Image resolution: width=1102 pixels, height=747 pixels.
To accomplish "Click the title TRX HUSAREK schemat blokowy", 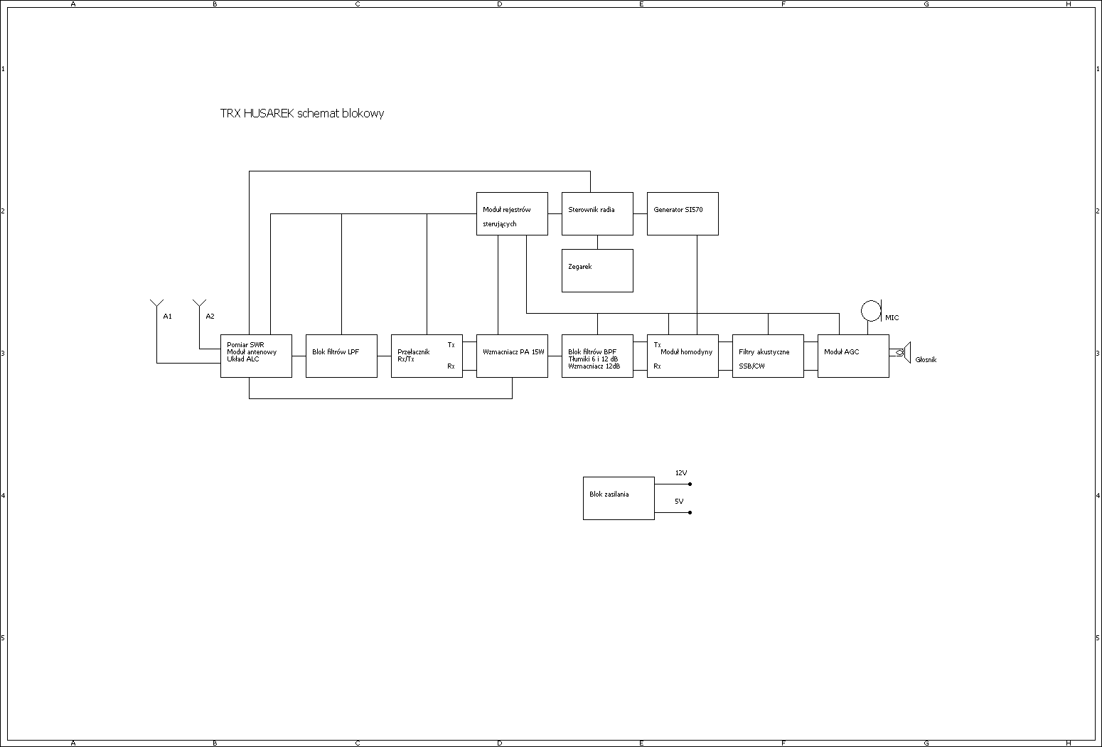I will point(302,113).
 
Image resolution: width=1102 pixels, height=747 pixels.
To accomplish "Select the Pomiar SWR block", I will point(256,356).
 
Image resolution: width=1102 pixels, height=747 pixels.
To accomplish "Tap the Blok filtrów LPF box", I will point(341,356).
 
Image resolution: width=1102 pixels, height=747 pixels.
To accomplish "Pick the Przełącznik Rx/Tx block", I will point(427,356).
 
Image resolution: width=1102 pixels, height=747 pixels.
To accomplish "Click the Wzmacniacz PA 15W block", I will point(512,356).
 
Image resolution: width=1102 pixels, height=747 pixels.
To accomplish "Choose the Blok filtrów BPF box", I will point(597,356).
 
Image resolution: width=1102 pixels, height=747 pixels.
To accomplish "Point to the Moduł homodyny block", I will point(683,356).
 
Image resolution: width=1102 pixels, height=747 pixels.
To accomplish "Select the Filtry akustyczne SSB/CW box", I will point(768,356).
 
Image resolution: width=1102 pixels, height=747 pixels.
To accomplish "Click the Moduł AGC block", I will point(853,356).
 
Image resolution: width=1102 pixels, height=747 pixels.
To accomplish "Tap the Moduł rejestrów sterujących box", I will point(512,213).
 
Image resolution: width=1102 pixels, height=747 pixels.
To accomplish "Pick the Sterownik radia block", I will point(597,213).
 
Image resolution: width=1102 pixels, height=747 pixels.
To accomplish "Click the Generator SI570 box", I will point(683,213).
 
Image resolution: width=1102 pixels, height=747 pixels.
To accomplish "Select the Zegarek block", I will point(597,270).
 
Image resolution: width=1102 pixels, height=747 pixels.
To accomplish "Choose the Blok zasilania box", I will point(619,498).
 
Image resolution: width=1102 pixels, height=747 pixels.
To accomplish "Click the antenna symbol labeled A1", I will point(156,306).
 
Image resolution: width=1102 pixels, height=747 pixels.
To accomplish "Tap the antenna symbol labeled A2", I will point(199,306).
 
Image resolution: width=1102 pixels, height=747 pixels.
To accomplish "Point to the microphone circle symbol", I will point(870,311).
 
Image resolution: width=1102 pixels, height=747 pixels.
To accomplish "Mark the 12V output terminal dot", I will point(690,484).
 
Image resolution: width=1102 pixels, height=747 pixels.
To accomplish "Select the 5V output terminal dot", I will point(690,512).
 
